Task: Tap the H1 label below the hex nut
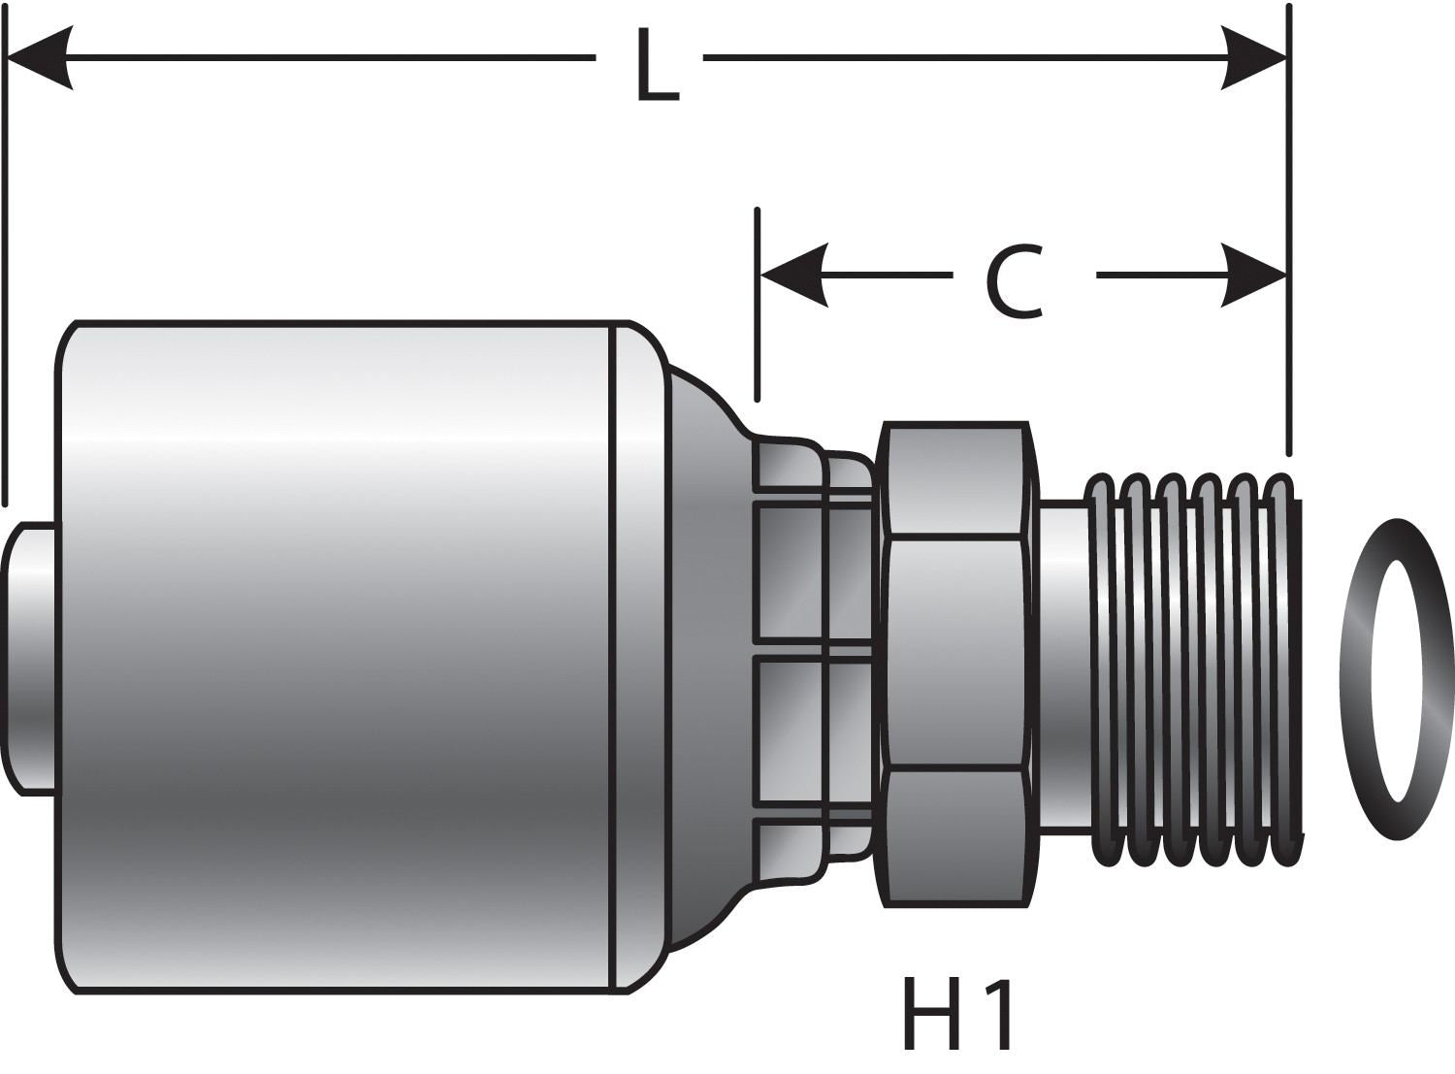click(x=957, y=1014)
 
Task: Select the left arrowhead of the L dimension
click(x=39, y=58)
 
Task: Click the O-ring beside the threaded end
click(x=1353, y=679)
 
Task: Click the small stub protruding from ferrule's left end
click(x=29, y=660)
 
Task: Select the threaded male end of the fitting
click(x=1193, y=669)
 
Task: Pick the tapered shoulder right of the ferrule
click(x=703, y=660)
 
